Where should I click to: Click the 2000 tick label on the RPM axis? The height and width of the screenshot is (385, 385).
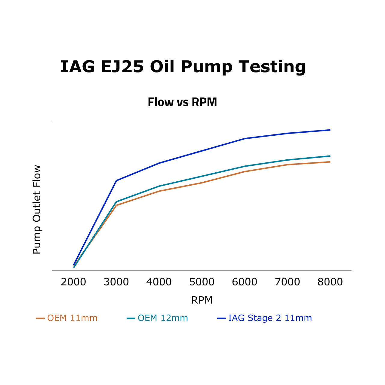click(73, 282)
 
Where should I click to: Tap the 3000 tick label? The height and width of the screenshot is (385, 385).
click(116, 282)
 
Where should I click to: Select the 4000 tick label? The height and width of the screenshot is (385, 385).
click(159, 282)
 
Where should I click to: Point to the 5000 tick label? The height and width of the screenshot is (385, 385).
click(202, 282)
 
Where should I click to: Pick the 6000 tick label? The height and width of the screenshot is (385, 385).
click(245, 282)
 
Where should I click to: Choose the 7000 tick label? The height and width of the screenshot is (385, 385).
click(288, 282)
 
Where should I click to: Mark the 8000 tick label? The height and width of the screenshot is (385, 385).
click(330, 282)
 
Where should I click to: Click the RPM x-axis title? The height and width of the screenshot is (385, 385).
click(202, 300)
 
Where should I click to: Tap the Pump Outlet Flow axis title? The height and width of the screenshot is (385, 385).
click(37, 209)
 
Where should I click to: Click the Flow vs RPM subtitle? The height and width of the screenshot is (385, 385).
click(182, 102)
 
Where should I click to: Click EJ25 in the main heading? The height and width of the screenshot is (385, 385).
click(122, 66)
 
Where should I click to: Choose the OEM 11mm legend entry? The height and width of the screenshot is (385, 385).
click(67, 318)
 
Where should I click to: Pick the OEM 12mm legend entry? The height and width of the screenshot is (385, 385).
click(158, 318)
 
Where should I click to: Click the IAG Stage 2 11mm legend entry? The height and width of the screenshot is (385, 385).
click(265, 318)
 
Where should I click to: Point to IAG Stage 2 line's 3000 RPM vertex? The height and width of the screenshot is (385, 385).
click(116, 180)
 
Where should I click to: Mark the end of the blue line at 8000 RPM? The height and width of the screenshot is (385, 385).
click(330, 130)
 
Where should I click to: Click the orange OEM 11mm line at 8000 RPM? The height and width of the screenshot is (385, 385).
click(330, 162)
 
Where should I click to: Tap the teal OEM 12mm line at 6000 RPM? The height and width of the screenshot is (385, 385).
click(245, 166)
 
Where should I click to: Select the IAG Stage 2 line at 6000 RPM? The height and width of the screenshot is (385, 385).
click(245, 139)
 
